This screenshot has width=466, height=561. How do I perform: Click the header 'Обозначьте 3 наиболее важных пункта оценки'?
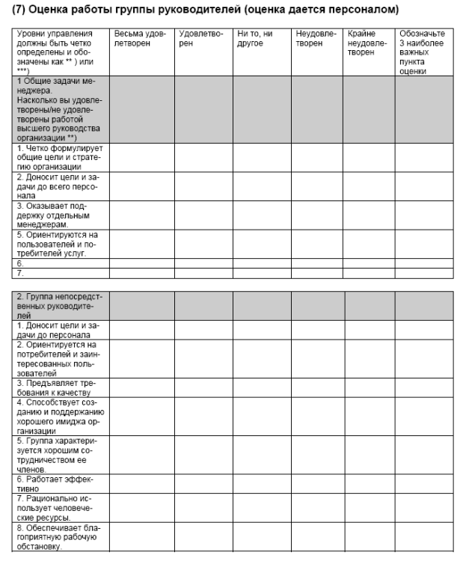(423, 53)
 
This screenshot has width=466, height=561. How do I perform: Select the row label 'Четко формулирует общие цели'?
(58, 157)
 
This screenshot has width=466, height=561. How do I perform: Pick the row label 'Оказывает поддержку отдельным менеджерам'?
(57, 215)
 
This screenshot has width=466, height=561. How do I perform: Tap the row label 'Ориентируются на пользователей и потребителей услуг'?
(58, 243)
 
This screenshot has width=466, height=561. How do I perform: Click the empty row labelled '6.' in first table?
(58, 263)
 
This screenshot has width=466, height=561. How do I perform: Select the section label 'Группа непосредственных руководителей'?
(58, 306)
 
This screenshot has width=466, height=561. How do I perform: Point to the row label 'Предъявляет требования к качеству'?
(57, 387)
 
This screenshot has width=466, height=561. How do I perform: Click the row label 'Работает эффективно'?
(57, 482)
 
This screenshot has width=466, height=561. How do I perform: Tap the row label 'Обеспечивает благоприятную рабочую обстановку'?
(57, 536)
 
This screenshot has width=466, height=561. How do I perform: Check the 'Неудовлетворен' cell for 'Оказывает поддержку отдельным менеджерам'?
(317, 215)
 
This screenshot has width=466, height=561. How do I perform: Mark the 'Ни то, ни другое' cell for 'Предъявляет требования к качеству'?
(261, 387)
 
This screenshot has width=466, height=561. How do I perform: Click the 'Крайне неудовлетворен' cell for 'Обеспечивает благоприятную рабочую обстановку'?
(370, 536)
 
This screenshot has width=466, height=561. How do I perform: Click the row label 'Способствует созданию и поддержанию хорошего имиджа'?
(58, 416)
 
